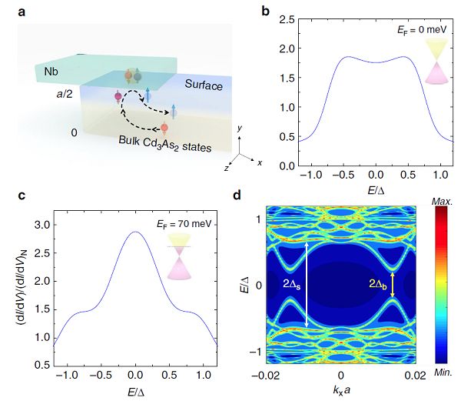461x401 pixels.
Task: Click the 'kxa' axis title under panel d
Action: (343, 392)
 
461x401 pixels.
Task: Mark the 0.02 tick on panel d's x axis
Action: (414, 375)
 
